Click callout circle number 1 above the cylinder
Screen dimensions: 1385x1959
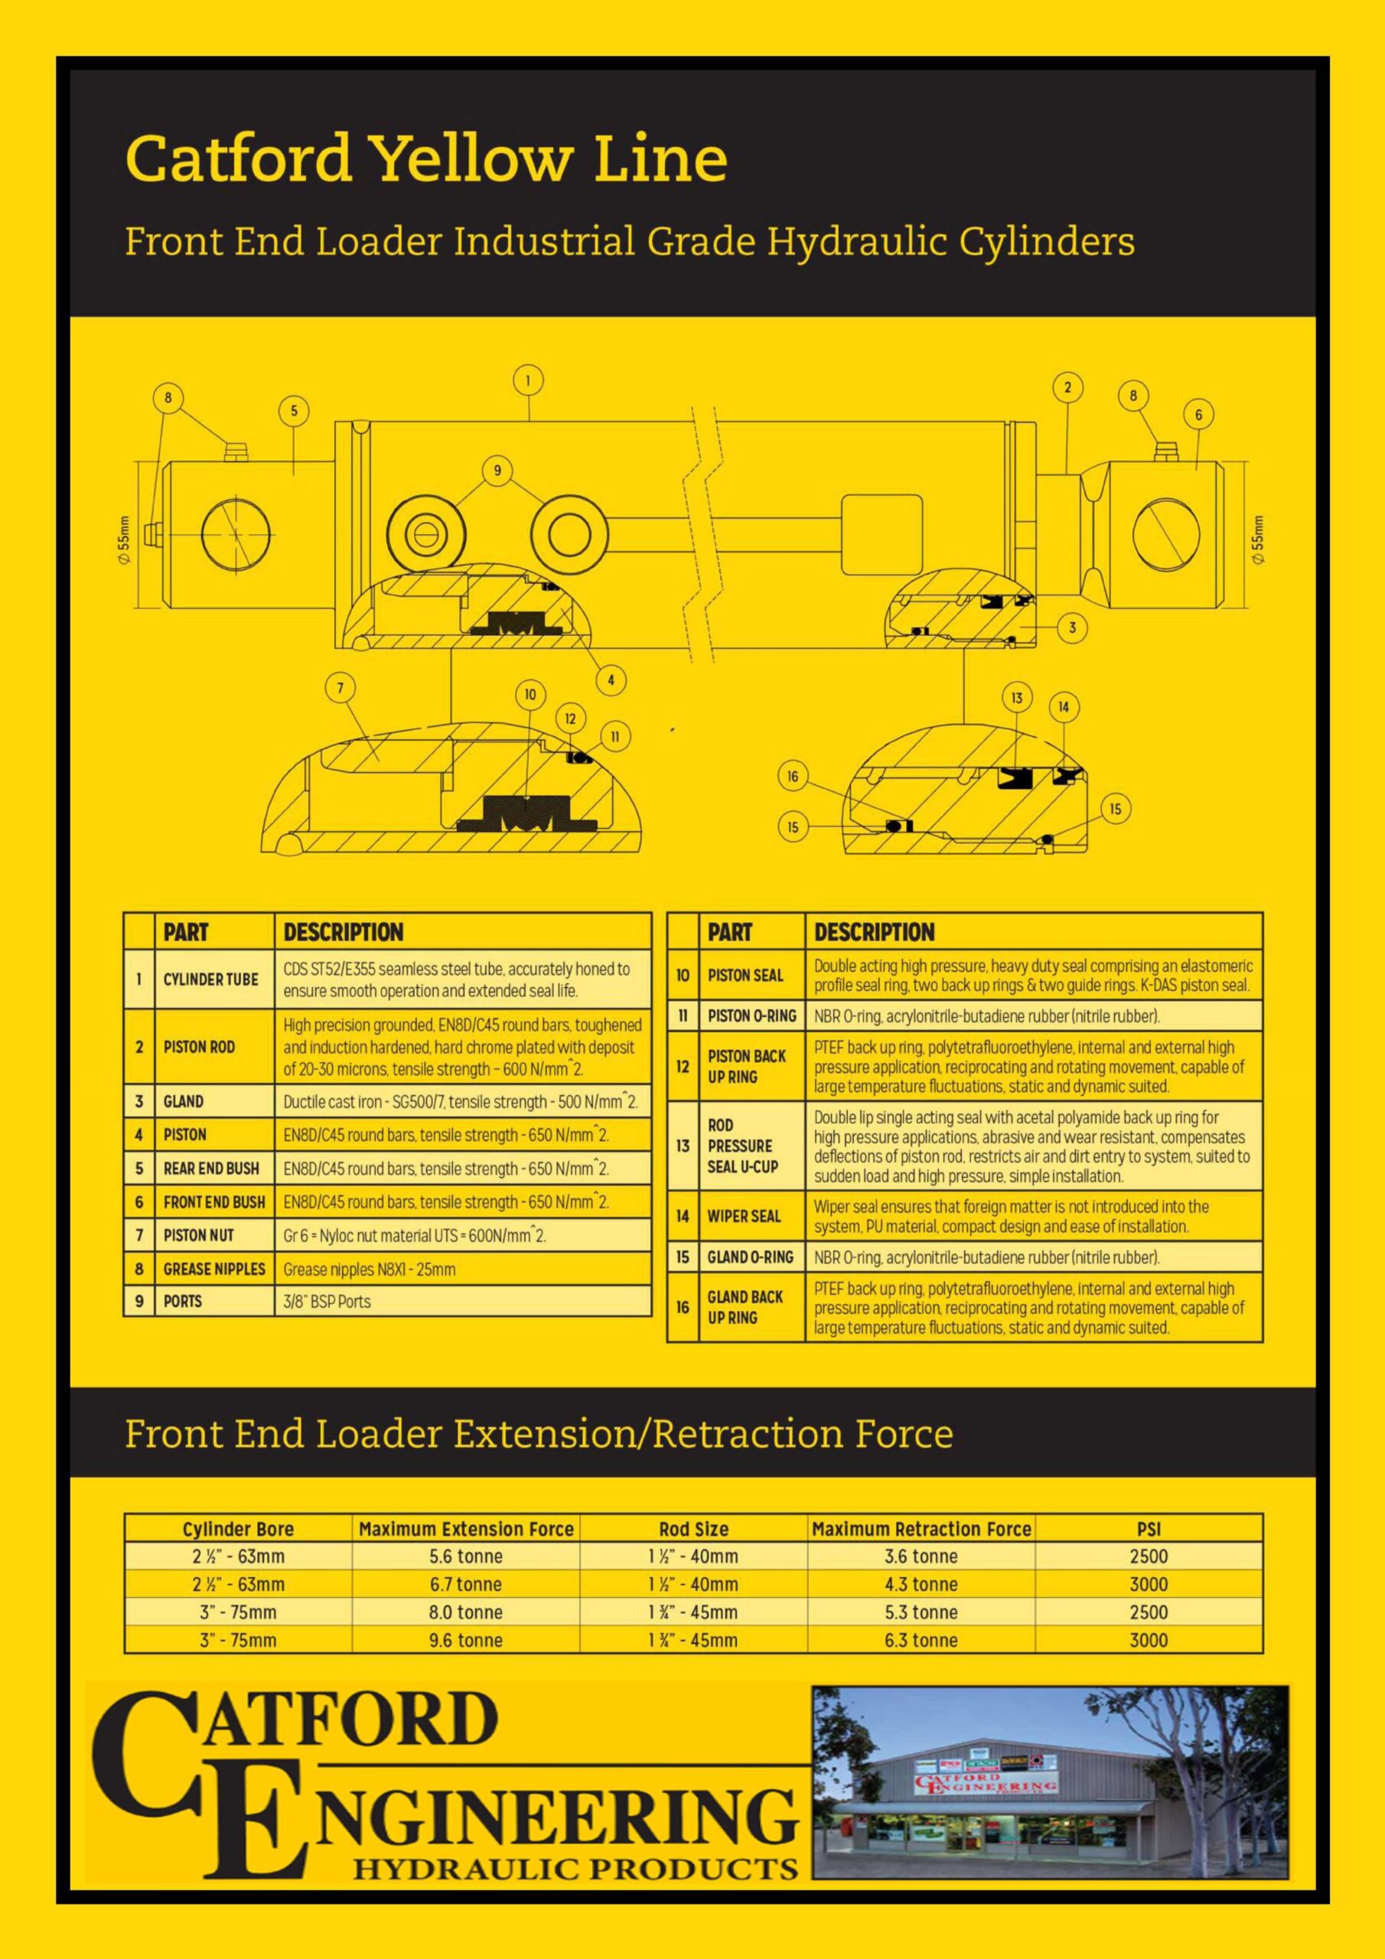528,381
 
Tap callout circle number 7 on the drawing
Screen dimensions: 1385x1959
341,689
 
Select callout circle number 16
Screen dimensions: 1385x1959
793,777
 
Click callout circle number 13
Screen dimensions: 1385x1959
1016,698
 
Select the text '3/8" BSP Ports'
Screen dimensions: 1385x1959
328,1302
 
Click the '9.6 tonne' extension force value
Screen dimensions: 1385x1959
466,1640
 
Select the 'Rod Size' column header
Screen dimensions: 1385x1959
694,1529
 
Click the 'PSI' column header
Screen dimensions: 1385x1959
1149,1529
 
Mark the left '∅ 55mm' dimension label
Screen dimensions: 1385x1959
125,539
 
